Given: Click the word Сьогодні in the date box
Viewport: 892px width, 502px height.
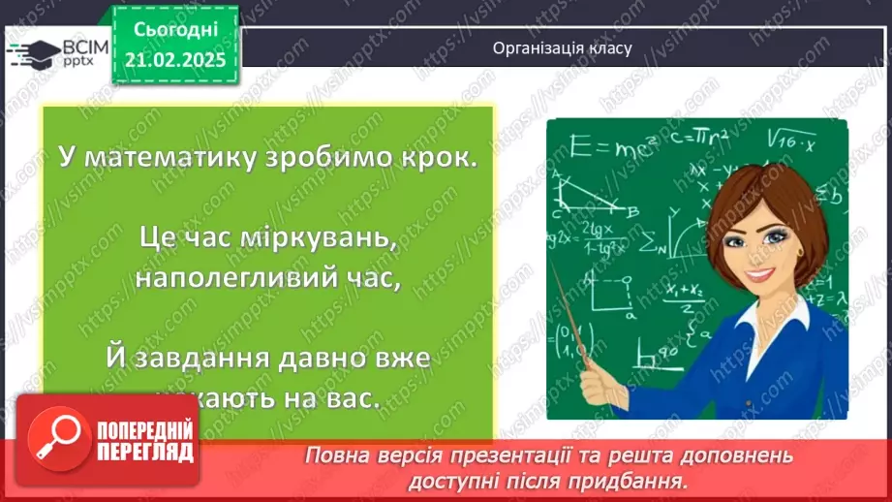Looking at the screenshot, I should (x=175, y=31).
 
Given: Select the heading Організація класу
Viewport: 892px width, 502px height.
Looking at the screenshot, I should (x=562, y=47).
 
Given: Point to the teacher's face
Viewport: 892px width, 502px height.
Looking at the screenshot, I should (x=758, y=249).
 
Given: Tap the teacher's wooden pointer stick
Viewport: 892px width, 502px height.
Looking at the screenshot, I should (x=577, y=320).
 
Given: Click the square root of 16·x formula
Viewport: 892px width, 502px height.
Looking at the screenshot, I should (x=793, y=141).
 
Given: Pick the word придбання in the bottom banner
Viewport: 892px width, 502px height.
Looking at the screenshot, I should (x=639, y=479).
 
